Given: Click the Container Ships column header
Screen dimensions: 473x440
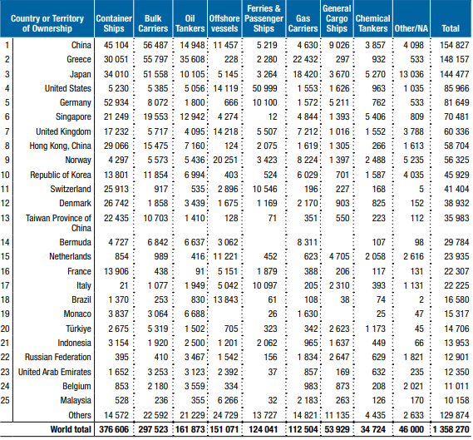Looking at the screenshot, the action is [x=114, y=23].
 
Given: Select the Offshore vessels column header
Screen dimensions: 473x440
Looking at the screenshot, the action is [x=224, y=23].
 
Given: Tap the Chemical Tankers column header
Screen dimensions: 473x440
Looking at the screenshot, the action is [x=373, y=23].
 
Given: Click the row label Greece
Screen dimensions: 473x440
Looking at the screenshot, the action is [x=79, y=59].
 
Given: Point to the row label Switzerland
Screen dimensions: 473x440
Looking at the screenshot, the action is [x=71, y=189].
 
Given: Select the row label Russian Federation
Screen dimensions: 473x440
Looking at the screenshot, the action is [x=58, y=357].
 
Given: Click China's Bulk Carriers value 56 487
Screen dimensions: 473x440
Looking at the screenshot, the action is [x=155, y=45].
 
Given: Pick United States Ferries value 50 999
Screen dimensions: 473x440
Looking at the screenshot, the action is [x=264, y=88].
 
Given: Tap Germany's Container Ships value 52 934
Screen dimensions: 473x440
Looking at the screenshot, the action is [x=116, y=102].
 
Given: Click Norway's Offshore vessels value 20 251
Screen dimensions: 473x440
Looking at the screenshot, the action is [x=225, y=160].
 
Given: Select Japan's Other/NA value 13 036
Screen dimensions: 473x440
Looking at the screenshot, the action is [x=411, y=74].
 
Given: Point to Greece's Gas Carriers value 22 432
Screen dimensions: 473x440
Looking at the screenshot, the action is [x=305, y=59].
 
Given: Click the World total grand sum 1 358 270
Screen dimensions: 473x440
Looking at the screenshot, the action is [x=451, y=429].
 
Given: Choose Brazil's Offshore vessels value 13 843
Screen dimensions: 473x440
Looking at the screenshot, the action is [x=225, y=299].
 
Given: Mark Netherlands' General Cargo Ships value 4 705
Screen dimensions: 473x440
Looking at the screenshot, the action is [x=339, y=256].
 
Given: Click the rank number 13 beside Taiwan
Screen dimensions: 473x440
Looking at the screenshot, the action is [x=5, y=218].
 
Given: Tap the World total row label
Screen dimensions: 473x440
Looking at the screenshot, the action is [x=71, y=429].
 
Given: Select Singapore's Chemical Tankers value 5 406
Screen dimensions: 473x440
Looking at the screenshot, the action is [x=375, y=116].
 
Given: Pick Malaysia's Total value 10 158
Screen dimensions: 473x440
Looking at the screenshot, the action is [x=456, y=400].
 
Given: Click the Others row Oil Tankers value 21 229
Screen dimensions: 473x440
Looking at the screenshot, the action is [x=192, y=415].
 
